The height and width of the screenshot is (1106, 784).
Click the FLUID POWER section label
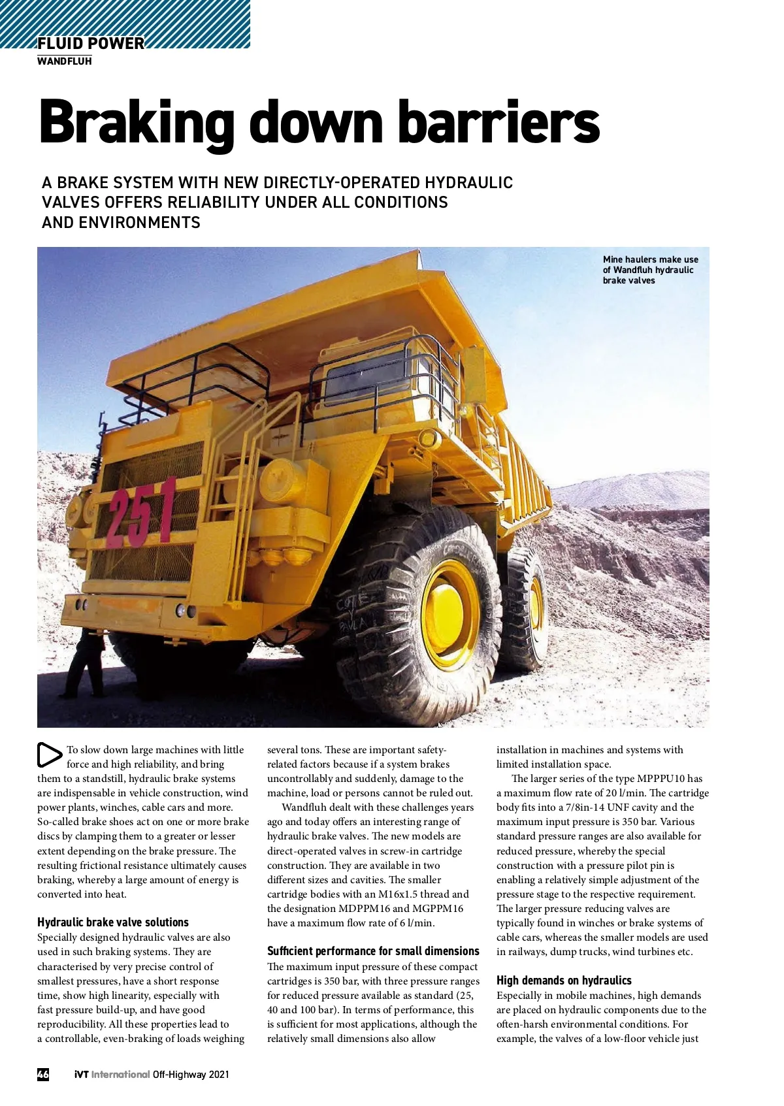pyautogui.click(x=91, y=44)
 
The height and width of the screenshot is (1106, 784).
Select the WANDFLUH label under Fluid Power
pyautogui.click(x=64, y=61)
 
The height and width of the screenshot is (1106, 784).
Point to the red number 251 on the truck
pyautogui.click(x=142, y=513)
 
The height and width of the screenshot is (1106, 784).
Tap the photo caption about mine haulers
pyautogui.click(x=650, y=270)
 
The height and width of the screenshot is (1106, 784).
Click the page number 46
pyautogui.click(x=43, y=1074)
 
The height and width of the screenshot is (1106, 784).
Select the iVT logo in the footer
pyautogui.click(x=81, y=1074)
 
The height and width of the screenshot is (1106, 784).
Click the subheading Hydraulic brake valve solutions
pyautogui.click(x=112, y=922)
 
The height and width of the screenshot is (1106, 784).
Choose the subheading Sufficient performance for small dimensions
pyautogui.click(x=373, y=951)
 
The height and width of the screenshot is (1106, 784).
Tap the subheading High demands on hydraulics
pyautogui.click(x=564, y=980)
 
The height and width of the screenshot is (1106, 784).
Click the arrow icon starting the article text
pyautogui.click(x=49, y=755)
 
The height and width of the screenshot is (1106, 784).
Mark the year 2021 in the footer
pyautogui.click(x=219, y=1075)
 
